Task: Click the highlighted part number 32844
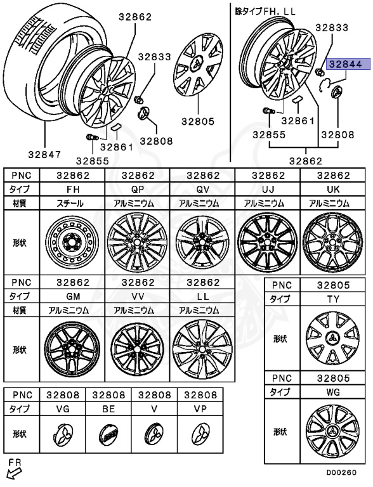(x=348, y=64)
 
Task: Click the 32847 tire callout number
(x=45, y=154)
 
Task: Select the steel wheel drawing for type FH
(x=72, y=242)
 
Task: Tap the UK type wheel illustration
(x=332, y=242)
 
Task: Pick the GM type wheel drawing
(x=72, y=349)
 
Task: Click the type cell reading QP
(x=138, y=189)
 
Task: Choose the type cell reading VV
(x=138, y=296)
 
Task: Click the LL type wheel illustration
(x=202, y=349)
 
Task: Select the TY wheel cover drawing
(x=332, y=338)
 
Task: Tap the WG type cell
(x=333, y=392)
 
